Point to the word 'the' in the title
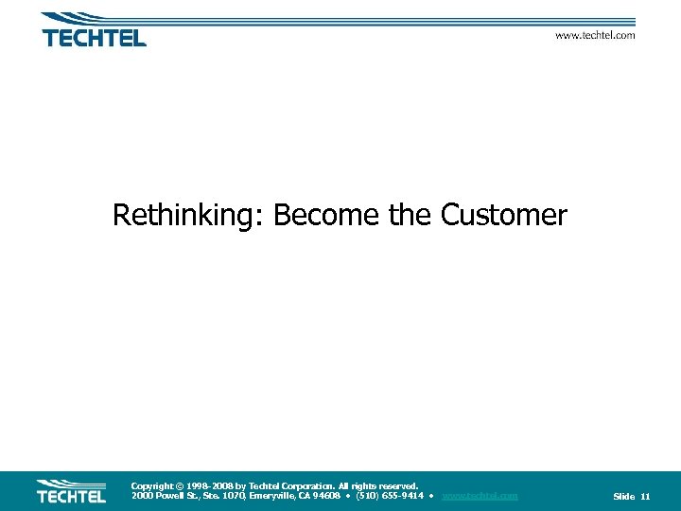(410, 216)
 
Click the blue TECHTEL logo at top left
(94, 30)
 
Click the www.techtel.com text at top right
(594, 35)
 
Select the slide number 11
(645, 497)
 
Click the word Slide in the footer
(623, 497)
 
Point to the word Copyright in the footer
(151, 485)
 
